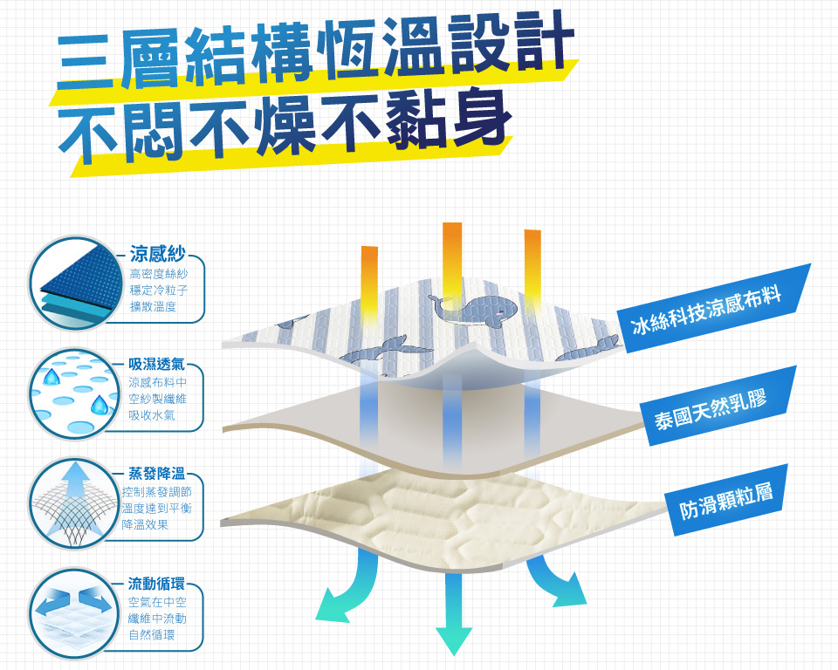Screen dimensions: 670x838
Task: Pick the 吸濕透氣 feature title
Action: coord(157,363)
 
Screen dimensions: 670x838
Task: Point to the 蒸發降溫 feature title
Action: coord(157,473)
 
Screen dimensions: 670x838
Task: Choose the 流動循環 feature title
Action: coord(157,583)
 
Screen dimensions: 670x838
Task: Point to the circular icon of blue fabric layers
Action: coord(73,284)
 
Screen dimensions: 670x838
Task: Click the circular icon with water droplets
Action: coord(73,393)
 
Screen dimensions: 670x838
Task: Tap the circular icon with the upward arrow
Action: coord(73,503)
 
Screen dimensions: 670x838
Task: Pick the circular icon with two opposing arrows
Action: coord(73,613)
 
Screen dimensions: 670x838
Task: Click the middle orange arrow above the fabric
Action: coord(452,257)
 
